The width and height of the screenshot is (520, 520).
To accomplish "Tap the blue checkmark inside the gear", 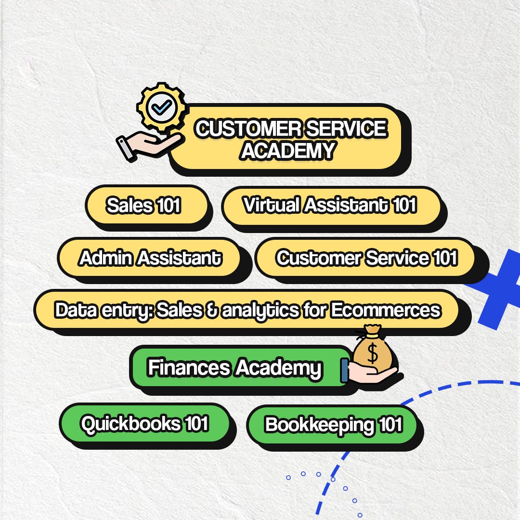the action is (x=162, y=107).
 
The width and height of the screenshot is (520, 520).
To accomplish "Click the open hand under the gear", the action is (x=150, y=146).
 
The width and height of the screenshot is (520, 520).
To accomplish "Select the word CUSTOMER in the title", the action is (x=248, y=129).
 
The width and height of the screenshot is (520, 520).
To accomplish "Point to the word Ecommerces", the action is (x=386, y=310).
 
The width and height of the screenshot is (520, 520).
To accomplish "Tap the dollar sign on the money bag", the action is (x=372, y=353).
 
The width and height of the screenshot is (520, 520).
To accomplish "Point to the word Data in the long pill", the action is (x=76, y=310).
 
